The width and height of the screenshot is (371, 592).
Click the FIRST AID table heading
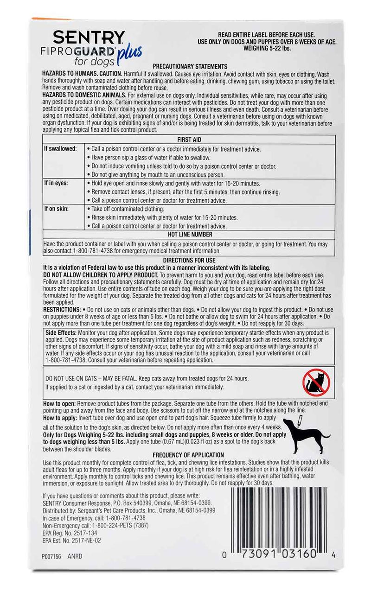pyautogui.click(x=189, y=140)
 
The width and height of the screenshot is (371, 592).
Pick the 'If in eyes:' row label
pyautogui.click(x=56, y=183)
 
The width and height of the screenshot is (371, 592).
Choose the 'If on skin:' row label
pyautogui.click(x=56, y=209)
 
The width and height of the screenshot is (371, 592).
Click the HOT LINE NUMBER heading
pyautogui.click(x=189, y=235)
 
